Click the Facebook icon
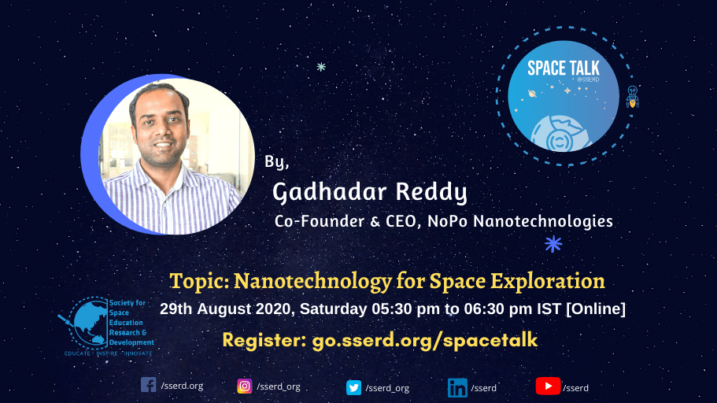[x=148, y=385]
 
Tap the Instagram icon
[x=245, y=386]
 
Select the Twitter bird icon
[x=353, y=387]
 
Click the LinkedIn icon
[x=457, y=388]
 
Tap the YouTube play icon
[x=548, y=386]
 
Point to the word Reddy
[x=431, y=192]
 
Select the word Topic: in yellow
[x=199, y=281]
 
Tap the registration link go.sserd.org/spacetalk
[x=425, y=340]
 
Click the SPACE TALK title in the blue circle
[x=564, y=68]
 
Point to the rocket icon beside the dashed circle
[x=633, y=97]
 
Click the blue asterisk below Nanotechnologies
[x=553, y=244]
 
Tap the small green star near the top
[x=321, y=67]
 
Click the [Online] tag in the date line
[x=596, y=309]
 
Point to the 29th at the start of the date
[x=176, y=309]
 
